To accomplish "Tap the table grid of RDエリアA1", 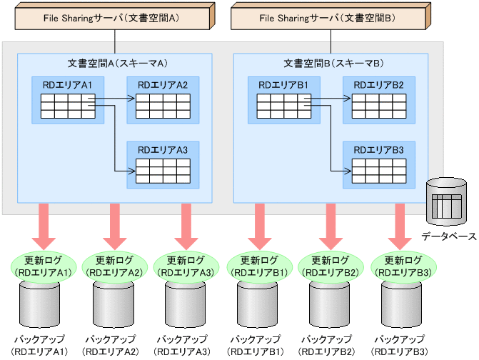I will click(x=68, y=107).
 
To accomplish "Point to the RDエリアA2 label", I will click(x=163, y=86).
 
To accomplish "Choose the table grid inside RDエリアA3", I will click(x=163, y=171).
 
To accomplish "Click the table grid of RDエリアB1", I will click(x=283, y=107).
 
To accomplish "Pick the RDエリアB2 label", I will click(x=378, y=86).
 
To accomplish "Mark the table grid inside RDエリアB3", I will click(x=378, y=171).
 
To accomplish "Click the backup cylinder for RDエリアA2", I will click(x=112, y=304).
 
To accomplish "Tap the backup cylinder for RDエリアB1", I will click(x=256, y=304).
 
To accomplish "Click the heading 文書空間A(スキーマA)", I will click(x=114, y=63).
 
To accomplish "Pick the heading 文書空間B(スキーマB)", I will click(x=330, y=63).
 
